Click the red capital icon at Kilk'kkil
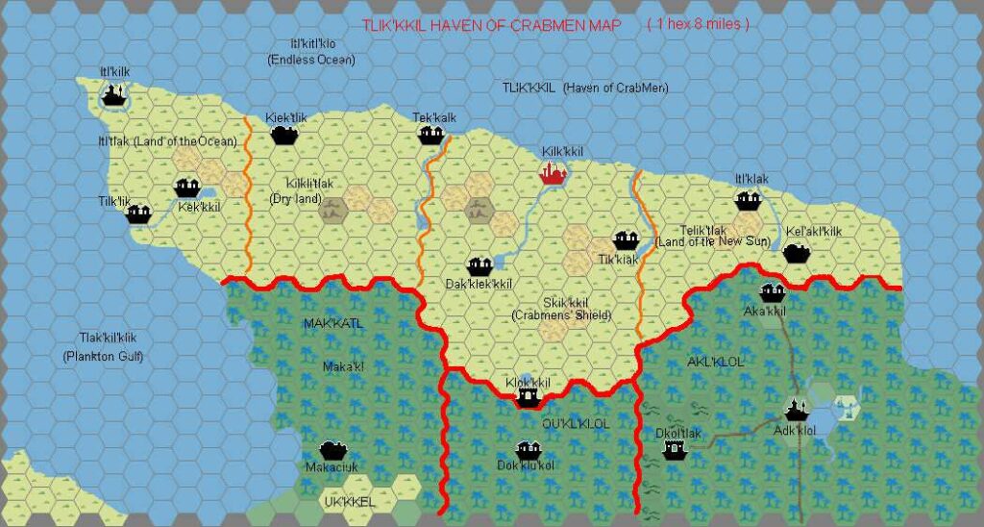point(553,174)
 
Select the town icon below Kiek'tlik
point(283,136)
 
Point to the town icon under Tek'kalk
point(430,136)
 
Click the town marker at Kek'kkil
point(185,188)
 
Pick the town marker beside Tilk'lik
point(139,213)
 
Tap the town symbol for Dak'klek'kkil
point(479,265)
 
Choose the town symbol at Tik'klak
point(626,239)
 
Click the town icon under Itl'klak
point(749,200)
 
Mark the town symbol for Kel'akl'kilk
point(794,253)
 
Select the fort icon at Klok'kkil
point(527,396)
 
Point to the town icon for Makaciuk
point(332,449)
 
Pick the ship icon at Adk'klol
point(795,412)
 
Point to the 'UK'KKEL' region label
point(349,502)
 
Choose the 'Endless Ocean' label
point(310,60)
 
